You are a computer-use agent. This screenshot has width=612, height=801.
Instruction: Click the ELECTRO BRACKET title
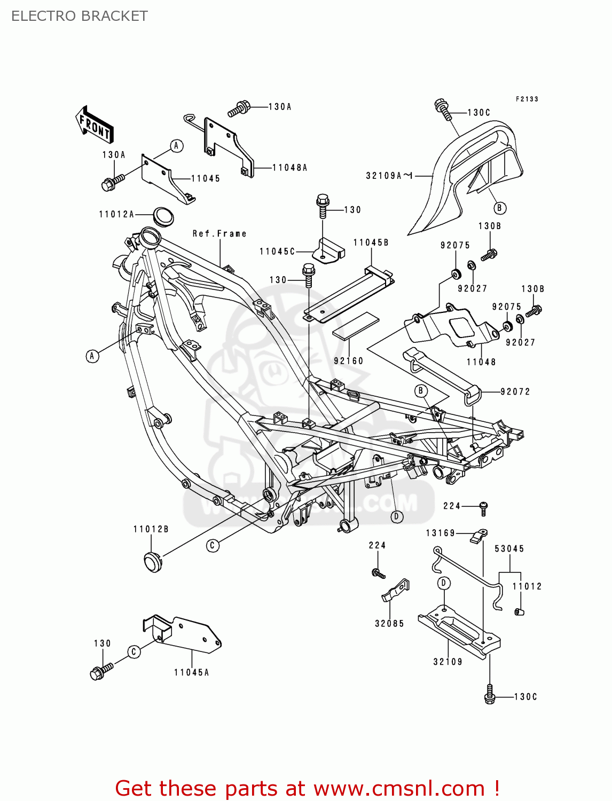(79, 16)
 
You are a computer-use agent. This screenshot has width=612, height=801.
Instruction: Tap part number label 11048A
(289, 168)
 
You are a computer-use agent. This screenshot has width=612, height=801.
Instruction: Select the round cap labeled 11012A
(164, 216)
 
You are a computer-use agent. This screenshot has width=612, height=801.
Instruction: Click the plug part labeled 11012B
(153, 561)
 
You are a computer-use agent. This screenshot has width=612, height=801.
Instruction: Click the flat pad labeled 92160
(355, 326)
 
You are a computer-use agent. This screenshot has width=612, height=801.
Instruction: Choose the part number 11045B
(371, 242)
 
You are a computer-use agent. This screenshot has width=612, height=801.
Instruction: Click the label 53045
(509, 548)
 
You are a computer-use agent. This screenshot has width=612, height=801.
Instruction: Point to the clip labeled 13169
(479, 536)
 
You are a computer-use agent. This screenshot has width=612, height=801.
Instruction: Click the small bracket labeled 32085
(396, 591)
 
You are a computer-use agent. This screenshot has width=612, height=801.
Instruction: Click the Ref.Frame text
(219, 233)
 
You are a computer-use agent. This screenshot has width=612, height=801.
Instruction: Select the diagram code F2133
(527, 99)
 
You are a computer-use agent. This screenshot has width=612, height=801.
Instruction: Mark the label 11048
(481, 362)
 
